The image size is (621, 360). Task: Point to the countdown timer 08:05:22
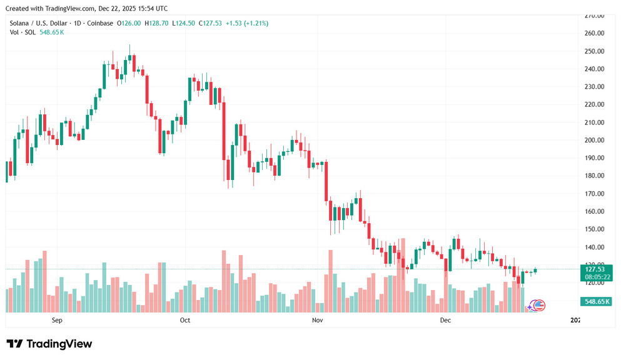tap(598, 277)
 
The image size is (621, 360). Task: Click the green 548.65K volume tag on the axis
tap(598, 301)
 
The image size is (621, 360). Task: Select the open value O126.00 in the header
tap(130, 23)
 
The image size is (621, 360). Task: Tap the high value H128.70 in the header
tap(156, 23)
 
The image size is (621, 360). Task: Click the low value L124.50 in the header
tap(183, 23)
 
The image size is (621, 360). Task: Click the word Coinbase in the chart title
tap(100, 23)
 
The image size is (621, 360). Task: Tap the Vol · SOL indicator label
tap(23, 32)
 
